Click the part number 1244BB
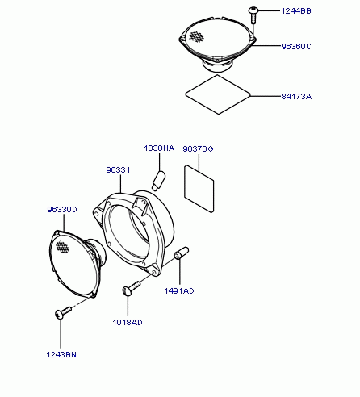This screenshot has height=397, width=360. pyautogui.click(x=296, y=11)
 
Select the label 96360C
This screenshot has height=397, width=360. pyautogui.click(x=296, y=47)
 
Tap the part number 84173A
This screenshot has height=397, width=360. pyautogui.click(x=296, y=96)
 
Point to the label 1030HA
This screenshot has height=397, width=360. pyautogui.click(x=159, y=148)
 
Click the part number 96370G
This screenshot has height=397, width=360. pyautogui.click(x=198, y=148)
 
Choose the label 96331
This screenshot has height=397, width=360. pyautogui.click(x=118, y=170)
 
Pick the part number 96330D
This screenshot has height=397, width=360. pyautogui.click(x=62, y=209)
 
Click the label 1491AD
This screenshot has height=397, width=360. pyautogui.click(x=179, y=291)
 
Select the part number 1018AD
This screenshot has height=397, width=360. pyautogui.click(x=128, y=322)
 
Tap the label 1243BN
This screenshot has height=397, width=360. pyautogui.click(x=61, y=355)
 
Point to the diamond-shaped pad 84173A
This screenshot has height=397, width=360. pyautogui.click(x=218, y=94)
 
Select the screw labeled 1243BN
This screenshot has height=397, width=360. pyautogui.click(x=63, y=313)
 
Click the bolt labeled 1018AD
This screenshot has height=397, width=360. pyautogui.click(x=132, y=288)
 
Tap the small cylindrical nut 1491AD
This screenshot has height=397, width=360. pyautogui.click(x=182, y=253)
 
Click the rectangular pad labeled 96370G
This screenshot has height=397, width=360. pyautogui.click(x=199, y=189)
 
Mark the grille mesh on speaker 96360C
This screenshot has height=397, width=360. pyautogui.click(x=197, y=37)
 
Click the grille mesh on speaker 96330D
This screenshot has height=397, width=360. pyautogui.click(x=62, y=246)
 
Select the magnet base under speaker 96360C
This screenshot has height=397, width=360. pyautogui.click(x=218, y=65)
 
